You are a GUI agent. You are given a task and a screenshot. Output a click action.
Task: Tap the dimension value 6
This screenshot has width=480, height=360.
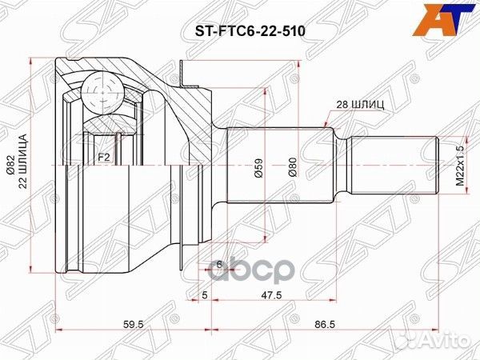point(218,263)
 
